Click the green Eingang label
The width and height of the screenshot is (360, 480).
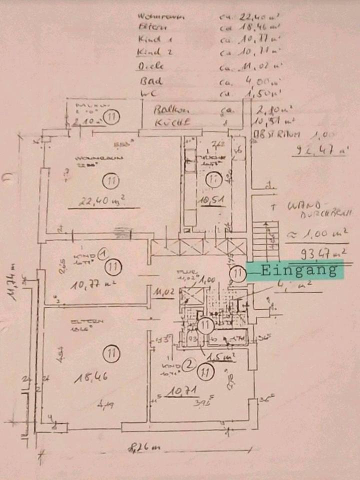[299, 270]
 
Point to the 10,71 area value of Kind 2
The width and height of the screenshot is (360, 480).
[181, 393]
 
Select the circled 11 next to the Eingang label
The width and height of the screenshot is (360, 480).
[238, 273]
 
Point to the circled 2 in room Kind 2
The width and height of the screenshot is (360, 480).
[188, 365]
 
